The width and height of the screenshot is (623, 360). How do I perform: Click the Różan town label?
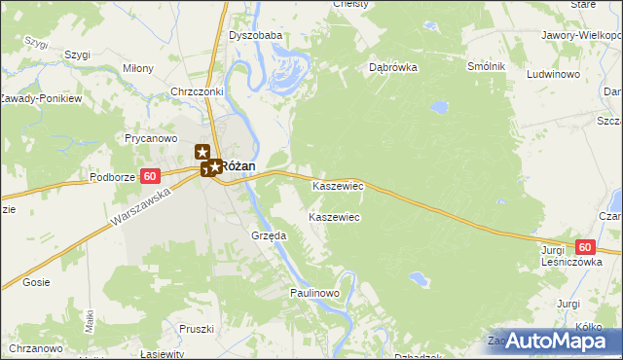click(x=238, y=166)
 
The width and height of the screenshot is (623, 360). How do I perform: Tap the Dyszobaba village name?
click(x=255, y=36)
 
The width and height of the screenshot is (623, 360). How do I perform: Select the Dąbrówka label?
click(x=393, y=68)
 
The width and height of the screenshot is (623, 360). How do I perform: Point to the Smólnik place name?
click(x=486, y=66)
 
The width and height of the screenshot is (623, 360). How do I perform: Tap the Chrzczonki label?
click(x=198, y=92)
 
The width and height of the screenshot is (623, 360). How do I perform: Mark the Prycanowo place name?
click(x=149, y=138)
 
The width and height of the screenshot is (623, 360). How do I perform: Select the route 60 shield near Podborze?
click(x=149, y=176)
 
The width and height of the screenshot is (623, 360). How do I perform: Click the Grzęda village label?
click(x=269, y=235)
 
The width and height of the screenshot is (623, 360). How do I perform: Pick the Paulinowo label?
click(x=313, y=293)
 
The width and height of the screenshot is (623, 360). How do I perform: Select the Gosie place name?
click(x=36, y=282)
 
